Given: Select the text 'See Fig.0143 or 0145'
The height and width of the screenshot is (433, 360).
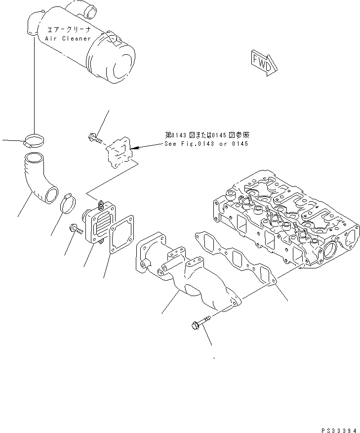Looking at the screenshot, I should (x=206, y=144).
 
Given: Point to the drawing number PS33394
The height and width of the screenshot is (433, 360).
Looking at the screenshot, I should (x=336, y=418).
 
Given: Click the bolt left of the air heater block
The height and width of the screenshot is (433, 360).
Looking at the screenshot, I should (x=75, y=230).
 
